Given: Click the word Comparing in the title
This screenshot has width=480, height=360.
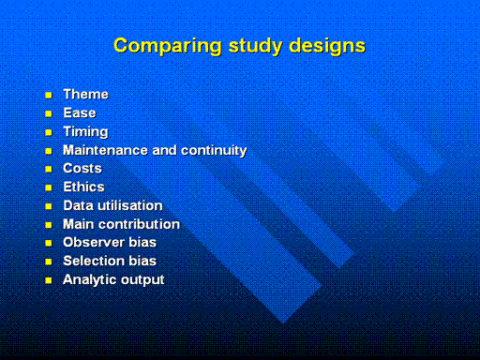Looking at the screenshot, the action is pyautogui.click(x=168, y=46).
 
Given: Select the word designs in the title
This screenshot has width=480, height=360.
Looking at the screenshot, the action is pyautogui.click(x=327, y=46).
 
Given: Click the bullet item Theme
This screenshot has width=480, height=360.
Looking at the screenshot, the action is pyautogui.click(x=86, y=95).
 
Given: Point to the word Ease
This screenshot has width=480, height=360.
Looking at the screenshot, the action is pyautogui.click(x=80, y=113).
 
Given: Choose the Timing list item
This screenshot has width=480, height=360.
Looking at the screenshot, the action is pyautogui.click(x=86, y=132).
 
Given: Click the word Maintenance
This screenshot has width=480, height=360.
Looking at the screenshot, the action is pyautogui.click(x=105, y=150).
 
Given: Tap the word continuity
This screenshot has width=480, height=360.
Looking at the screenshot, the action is pyautogui.click(x=215, y=151).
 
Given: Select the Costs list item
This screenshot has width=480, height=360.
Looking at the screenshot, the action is pyautogui.click(x=82, y=169).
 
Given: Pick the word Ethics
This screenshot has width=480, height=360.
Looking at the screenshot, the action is pyautogui.click(x=83, y=187).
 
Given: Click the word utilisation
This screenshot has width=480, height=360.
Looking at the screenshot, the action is pyautogui.click(x=130, y=206).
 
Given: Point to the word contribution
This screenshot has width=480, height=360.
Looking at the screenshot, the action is pyautogui.click(x=140, y=224).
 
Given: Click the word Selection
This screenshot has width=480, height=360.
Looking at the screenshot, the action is pyautogui.click(x=94, y=262).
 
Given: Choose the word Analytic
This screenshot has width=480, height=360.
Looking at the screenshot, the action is pyautogui.click(x=90, y=280).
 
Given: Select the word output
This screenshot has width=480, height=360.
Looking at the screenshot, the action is pyautogui.click(x=142, y=280).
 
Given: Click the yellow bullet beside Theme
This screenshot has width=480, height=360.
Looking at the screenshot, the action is pyautogui.click(x=49, y=95).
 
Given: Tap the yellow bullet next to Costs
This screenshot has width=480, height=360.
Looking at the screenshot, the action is pyautogui.click(x=49, y=170).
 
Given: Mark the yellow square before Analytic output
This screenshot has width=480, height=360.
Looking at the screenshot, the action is pyautogui.click(x=49, y=280).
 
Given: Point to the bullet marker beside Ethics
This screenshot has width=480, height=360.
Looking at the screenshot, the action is pyautogui.click(x=49, y=187).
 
